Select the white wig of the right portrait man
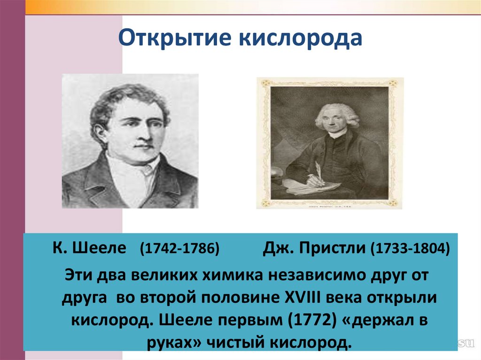click(x=337, y=113)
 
